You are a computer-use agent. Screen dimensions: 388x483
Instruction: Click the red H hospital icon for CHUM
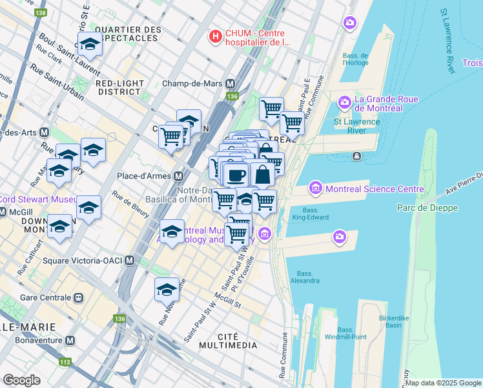216,36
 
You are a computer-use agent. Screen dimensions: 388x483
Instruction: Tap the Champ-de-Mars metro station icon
231,83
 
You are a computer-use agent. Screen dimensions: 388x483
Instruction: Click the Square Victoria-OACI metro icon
130,261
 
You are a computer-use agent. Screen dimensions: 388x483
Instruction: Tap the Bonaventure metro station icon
70,340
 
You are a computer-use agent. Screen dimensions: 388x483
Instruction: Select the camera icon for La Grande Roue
344,102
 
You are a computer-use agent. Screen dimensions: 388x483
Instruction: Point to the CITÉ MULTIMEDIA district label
236,341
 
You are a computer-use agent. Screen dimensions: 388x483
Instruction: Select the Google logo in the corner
21,380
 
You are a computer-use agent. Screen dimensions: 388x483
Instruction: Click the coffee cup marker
237,174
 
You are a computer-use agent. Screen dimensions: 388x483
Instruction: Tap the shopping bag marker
263,174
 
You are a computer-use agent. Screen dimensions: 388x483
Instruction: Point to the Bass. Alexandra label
305,277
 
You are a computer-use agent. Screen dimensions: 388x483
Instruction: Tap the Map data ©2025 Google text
443,383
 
